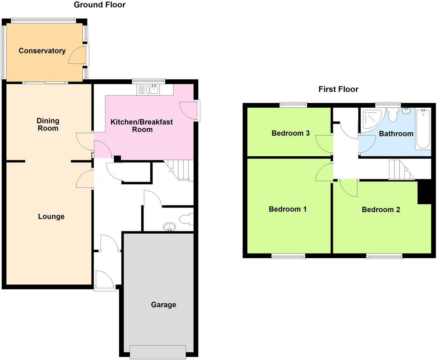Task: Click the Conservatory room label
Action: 42,51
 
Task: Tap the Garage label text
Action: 163,305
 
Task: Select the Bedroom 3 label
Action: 290,133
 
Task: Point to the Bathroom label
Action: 396,134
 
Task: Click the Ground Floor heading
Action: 100,5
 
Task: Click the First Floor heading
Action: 338,89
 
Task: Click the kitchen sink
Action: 152,90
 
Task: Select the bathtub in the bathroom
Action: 423,129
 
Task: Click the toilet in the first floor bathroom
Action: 393,115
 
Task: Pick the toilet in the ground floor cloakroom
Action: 186,219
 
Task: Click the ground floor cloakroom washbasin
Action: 169,227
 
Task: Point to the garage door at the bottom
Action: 158,352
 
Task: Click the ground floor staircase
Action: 179,170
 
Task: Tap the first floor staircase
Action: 400,170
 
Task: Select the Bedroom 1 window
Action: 288,256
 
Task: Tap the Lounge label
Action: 51,217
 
